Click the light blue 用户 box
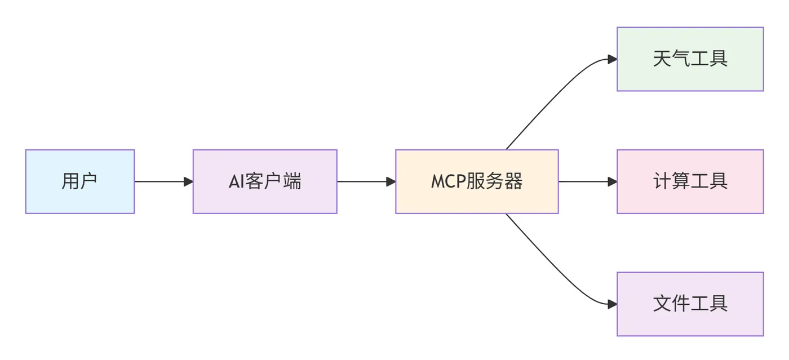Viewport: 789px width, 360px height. point(80,181)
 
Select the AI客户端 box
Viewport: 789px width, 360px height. point(265,181)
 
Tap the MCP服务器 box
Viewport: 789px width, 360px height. point(477,181)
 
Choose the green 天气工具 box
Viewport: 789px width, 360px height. point(690,59)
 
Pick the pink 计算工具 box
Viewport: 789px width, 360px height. point(690,181)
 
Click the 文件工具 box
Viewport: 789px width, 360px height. point(690,304)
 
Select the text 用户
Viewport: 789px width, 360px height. point(79,181)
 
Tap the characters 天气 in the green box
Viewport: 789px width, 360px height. point(671,59)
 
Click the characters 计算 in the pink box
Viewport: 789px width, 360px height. point(671,181)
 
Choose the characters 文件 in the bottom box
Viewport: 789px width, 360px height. point(671,304)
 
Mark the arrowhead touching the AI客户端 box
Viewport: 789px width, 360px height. point(189,181)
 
